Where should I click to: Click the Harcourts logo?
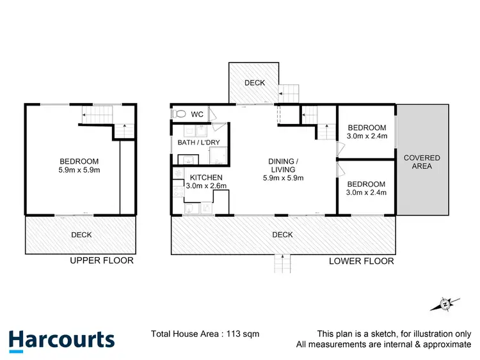click(61, 340)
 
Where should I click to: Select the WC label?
click(197, 114)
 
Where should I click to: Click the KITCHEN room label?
click(206, 177)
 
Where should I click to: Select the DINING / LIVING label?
click(283, 165)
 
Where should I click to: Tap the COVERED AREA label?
click(422, 162)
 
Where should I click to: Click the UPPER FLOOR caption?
click(102, 260)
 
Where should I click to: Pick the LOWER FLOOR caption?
click(361, 261)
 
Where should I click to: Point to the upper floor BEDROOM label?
click(79, 160)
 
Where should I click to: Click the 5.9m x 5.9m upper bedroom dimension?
click(79, 170)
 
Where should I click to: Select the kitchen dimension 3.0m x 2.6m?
click(206, 186)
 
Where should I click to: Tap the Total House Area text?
click(205, 334)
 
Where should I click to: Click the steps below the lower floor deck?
click(282, 262)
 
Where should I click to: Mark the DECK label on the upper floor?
click(81, 235)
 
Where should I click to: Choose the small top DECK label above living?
click(254, 83)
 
